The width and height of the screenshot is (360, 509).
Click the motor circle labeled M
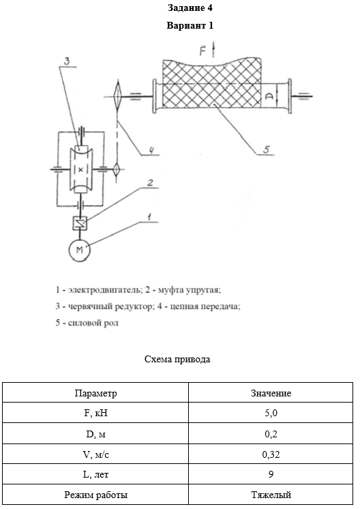[80, 250]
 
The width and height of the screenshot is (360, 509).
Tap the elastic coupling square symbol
[80, 223]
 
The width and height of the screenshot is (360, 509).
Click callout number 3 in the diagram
[66, 61]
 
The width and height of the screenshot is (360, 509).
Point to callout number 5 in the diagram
[266, 149]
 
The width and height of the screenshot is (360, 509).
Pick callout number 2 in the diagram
[150, 183]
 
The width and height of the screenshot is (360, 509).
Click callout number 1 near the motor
[149, 217]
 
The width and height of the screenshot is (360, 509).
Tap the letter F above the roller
[203, 51]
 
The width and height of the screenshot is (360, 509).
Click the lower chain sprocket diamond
[117, 169]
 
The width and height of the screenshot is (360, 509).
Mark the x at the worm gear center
[80, 169]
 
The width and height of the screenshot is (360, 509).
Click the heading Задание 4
[190, 8]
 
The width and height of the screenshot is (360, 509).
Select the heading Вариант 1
[190, 25]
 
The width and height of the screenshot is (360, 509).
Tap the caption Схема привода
[177, 359]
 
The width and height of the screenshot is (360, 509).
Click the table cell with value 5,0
[271, 413]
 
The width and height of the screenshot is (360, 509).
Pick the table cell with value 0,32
[271, 454]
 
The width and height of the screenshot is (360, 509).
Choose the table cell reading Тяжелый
[271, 495]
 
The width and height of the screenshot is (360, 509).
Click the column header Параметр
[95, 393]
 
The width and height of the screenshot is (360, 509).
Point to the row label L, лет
[95, 475]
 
